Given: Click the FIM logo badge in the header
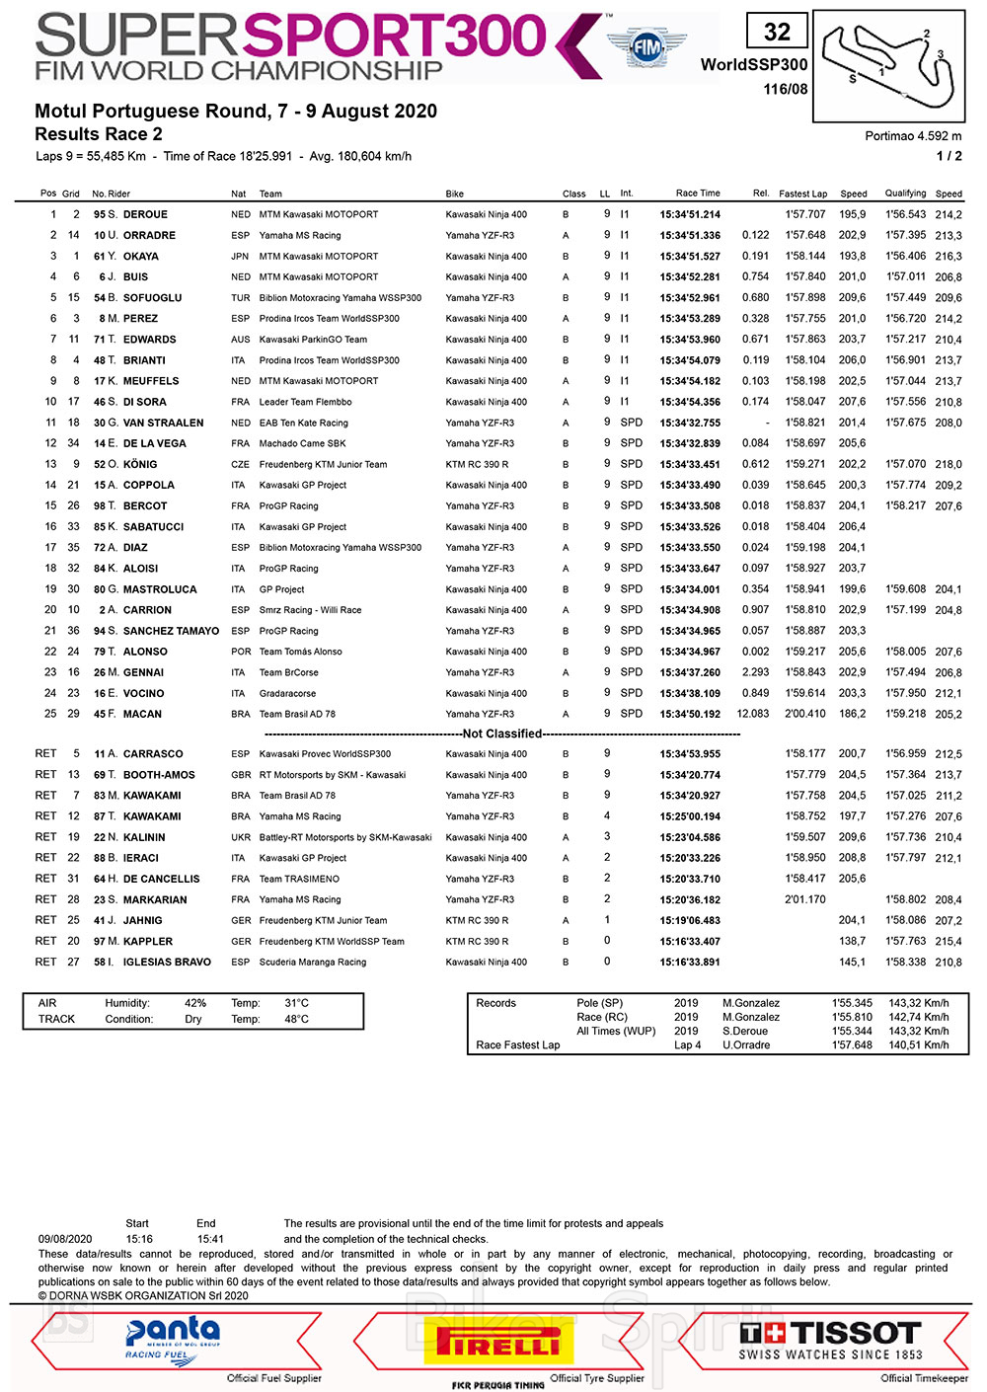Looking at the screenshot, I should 646,46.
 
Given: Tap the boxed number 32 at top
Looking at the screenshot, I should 777,32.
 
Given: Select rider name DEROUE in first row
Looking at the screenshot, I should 145,214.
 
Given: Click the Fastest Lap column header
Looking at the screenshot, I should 802,193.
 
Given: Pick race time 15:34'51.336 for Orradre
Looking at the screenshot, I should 690,236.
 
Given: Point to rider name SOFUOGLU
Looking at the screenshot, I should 152,298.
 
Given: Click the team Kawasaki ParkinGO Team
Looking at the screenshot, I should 313,340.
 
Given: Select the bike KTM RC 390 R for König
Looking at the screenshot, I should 477,464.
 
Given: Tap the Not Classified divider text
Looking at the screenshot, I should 502,734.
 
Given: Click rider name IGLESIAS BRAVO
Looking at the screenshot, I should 167,963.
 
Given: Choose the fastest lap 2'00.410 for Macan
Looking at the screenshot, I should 805,714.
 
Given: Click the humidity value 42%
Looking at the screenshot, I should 195,1003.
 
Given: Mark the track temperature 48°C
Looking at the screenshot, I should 296,1019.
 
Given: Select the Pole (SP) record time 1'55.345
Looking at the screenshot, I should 852,1003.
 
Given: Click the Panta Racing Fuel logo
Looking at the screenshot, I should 173,1339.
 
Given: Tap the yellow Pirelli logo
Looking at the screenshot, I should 498,1342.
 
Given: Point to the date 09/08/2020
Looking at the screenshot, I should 65,1239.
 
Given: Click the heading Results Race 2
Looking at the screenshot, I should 99,134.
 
